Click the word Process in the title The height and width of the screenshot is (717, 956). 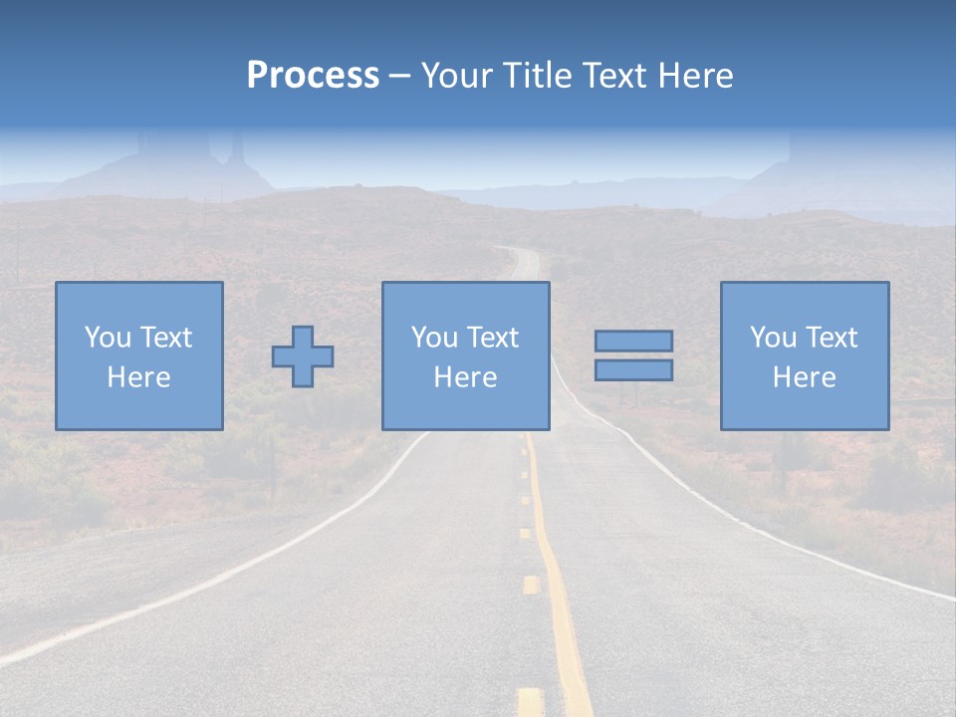point(313,76)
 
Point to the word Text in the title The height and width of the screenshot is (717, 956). point(613,76)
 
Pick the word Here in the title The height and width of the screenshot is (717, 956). point(693,76)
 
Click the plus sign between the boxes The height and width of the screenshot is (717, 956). point(303,357)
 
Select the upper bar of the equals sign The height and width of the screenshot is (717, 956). point(633,341)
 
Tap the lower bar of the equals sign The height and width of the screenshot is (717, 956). point(633,369)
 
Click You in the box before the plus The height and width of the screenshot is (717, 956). point(108,338)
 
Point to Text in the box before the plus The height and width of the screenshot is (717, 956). point(165,338)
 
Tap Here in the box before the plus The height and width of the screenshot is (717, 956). point(139,377)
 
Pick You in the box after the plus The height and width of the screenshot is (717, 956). point(434,338)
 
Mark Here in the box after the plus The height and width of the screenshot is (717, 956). point(466,377)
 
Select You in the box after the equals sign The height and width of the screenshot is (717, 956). point(773,338)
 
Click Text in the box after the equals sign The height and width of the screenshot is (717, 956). point(831,338)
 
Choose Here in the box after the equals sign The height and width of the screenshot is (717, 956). point(805,377)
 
